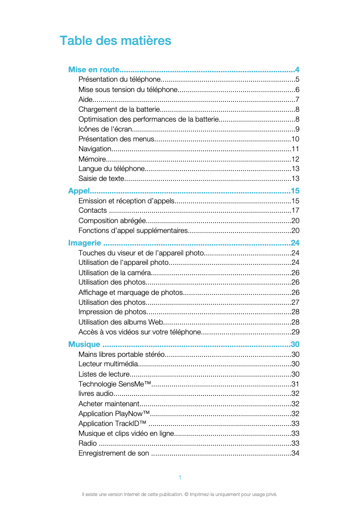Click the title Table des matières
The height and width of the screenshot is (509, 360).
pyautogui.click(x=115, y=41)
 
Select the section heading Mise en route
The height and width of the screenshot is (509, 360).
pyautogui.click(x=94, y=70)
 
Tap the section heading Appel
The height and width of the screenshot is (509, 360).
pyautogui.click(x=79, y=191)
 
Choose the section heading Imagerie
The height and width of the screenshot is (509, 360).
pyautogui.click(x=84, y=243)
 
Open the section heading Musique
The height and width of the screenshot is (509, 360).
pyautogui.click(x=84, y=344)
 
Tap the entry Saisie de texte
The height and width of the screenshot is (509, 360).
pyautogui.click(x=101, y=179)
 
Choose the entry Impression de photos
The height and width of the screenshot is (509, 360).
pyautogui.click(x=112, y=312)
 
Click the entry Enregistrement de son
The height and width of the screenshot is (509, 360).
pyautogui.click(x=114, y=453)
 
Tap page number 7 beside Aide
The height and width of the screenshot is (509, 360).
pyautogui.click(x=297, y=100)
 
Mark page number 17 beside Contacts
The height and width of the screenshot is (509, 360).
pyautogui.click(x=295, y=211)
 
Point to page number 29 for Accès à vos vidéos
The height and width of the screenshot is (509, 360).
pyautogui.click(x=295, y=332)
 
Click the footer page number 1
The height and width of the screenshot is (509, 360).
pyautogui.click(x=180, y=477)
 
